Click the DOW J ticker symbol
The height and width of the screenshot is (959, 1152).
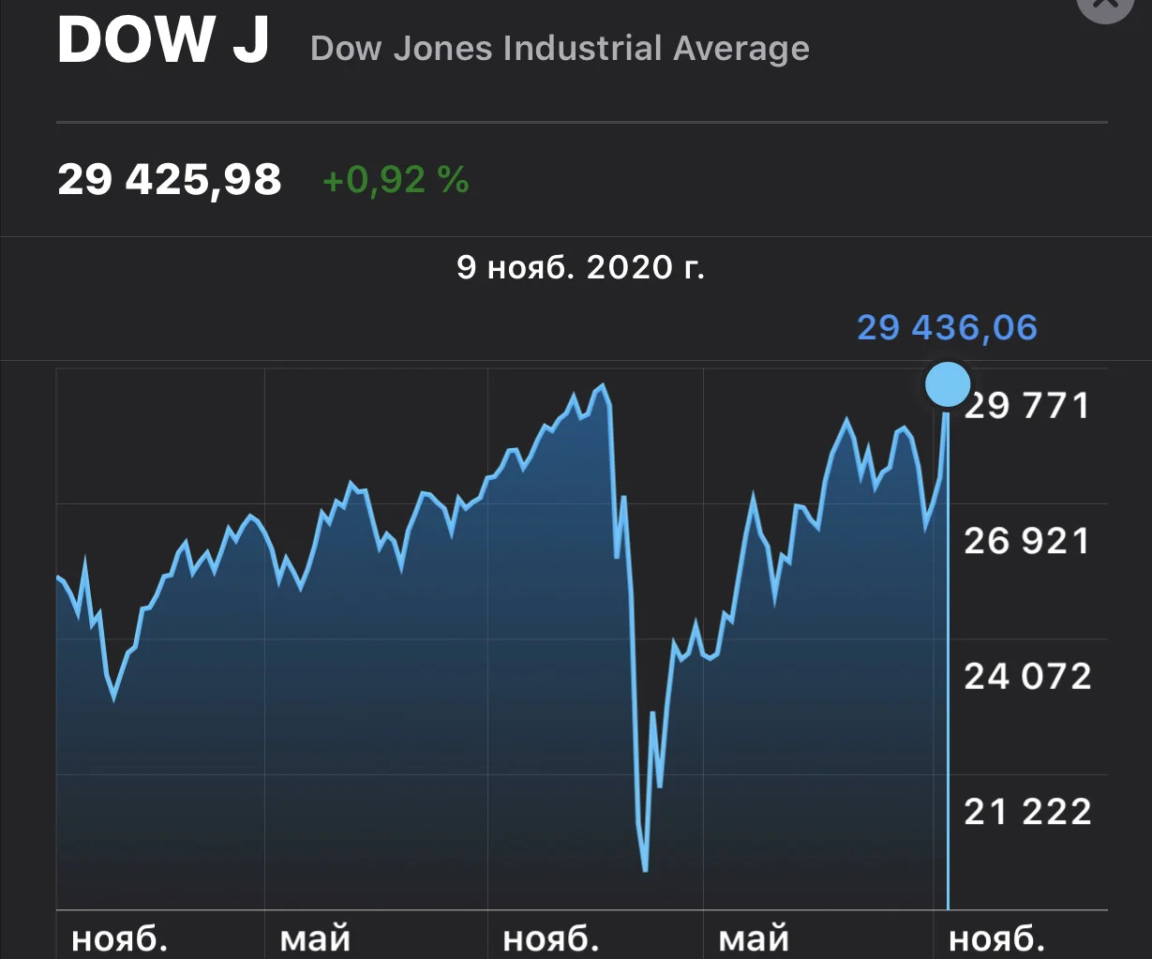click(163, 39)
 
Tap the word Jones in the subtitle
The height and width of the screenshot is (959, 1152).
click(442, 49)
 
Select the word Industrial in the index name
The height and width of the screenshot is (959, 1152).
click(582, 48)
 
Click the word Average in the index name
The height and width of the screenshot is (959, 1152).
click(741, 50)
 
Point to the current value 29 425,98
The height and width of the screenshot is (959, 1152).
click(170, 180)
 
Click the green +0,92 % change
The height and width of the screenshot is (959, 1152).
click(396, 180)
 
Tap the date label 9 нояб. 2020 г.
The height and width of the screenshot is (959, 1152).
click(580, 267)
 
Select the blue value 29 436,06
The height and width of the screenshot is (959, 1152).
click(948, 328)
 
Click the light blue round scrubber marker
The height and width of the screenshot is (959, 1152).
click(948, 384)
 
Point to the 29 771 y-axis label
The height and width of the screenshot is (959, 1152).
click(1027, 406)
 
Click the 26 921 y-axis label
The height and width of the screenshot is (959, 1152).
click(1027, 541)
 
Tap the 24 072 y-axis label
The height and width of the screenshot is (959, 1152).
click(1027, 676)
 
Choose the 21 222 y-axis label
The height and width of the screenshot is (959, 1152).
click(1027, 811)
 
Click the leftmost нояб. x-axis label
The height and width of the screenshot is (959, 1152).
click(119, 938)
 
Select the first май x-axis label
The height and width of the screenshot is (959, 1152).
click(315, 939)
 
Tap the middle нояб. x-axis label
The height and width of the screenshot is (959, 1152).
click(550, 938)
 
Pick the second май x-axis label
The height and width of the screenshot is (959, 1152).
click(754, 939)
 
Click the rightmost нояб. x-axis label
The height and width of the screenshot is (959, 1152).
click(996, 938)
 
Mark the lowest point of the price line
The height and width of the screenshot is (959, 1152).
click(645, 871)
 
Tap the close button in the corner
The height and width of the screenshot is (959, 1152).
click(1104, 6)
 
